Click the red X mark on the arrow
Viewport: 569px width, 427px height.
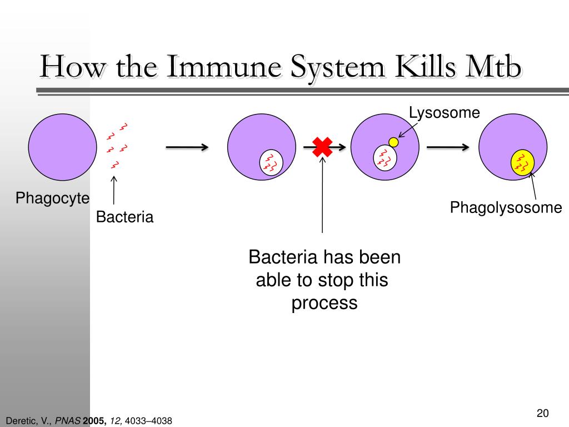point(322,147)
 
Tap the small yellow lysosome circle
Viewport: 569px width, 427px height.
point(393,142)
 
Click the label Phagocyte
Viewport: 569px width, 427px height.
point(52,198)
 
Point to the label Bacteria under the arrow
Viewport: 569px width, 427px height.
point(124,217)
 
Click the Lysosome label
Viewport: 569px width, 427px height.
point(444,113)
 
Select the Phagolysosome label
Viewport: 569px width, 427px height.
point(506,208)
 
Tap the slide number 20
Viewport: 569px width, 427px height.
point(543,413)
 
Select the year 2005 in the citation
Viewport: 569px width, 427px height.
point(95,421)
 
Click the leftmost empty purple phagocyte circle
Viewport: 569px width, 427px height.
point(62,147)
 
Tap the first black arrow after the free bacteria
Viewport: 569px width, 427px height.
point(187,147)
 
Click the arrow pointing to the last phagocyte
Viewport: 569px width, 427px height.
point(448,147)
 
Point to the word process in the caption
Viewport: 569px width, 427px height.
point(325,303)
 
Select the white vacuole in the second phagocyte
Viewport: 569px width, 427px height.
point(272,162)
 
